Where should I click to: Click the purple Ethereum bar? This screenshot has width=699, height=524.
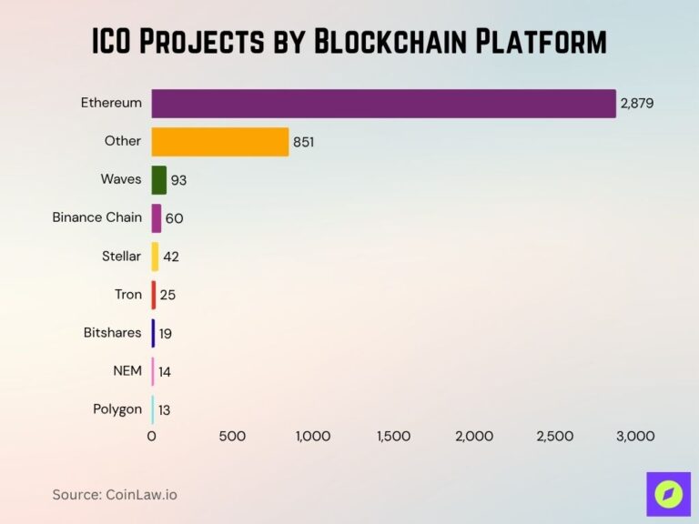(x=383, y=103)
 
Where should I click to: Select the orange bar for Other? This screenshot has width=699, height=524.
(x=219, y=141)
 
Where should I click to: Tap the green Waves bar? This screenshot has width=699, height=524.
(x=159, y=180)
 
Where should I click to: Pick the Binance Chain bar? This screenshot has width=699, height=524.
(x=157, y=218)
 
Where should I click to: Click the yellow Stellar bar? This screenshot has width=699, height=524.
(x=155, y=257)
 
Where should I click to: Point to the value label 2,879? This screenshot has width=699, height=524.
(x=637, y=103)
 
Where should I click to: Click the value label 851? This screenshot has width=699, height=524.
(x=304, y=142)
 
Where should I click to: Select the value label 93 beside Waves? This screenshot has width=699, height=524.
(x=178, y=180)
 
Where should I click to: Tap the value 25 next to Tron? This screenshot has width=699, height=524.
(x=167, y=295)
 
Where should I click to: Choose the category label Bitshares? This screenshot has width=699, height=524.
(x=112, y=333)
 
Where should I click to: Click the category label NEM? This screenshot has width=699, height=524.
(x=127, y=371)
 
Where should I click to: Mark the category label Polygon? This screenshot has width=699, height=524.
(x=117, y=409)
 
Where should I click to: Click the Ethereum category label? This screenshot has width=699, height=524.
(x=111, y=103)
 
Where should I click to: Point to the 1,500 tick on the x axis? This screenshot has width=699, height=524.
(x=393, y=437)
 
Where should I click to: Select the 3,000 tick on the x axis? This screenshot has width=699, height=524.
(x=635, y=437)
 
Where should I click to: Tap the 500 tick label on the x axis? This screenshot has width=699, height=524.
(x=232, y=437)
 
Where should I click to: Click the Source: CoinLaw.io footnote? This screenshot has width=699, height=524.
(x=115, y=494)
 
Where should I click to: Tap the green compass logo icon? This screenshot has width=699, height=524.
(x=668, y=494)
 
